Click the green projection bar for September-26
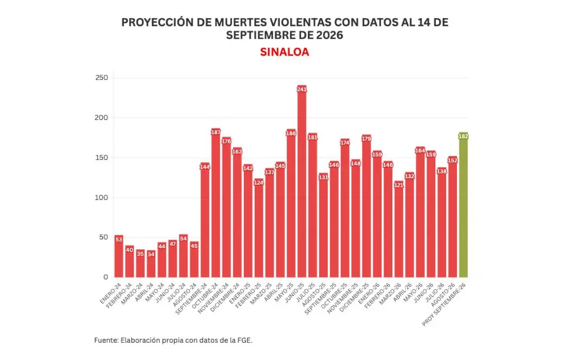pos(463,205)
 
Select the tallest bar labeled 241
pos(302,181)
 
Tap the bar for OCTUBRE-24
pos(215,203)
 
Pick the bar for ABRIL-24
pos(151,263)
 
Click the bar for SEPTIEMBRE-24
pos(205,220)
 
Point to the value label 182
pos(463,137)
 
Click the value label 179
pos(367,138)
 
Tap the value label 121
pos(399,185)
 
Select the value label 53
pos(119,239)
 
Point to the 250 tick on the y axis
pos(102,78)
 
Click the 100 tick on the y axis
pos(102,198)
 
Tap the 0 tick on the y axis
pos(106,277)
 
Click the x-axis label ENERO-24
pos(110,294)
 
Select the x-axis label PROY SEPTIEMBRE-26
pos(444,305)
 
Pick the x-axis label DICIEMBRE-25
pos(354,298)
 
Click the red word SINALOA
pos(284,52)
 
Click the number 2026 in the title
pos(330,35)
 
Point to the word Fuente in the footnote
pos(106,341)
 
